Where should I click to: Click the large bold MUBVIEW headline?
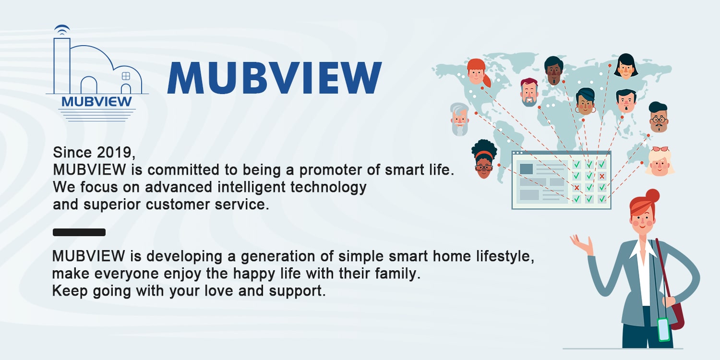point(274,78)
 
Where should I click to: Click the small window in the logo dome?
point(126,76)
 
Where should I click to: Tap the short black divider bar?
point(79,232)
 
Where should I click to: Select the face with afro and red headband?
point(484,158)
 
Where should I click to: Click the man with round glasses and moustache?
point(659,118)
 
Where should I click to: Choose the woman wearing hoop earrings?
point(585,102)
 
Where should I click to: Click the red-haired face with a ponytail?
point(477,72)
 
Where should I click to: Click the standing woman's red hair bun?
point(652,196)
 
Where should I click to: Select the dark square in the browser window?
point(526,169)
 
